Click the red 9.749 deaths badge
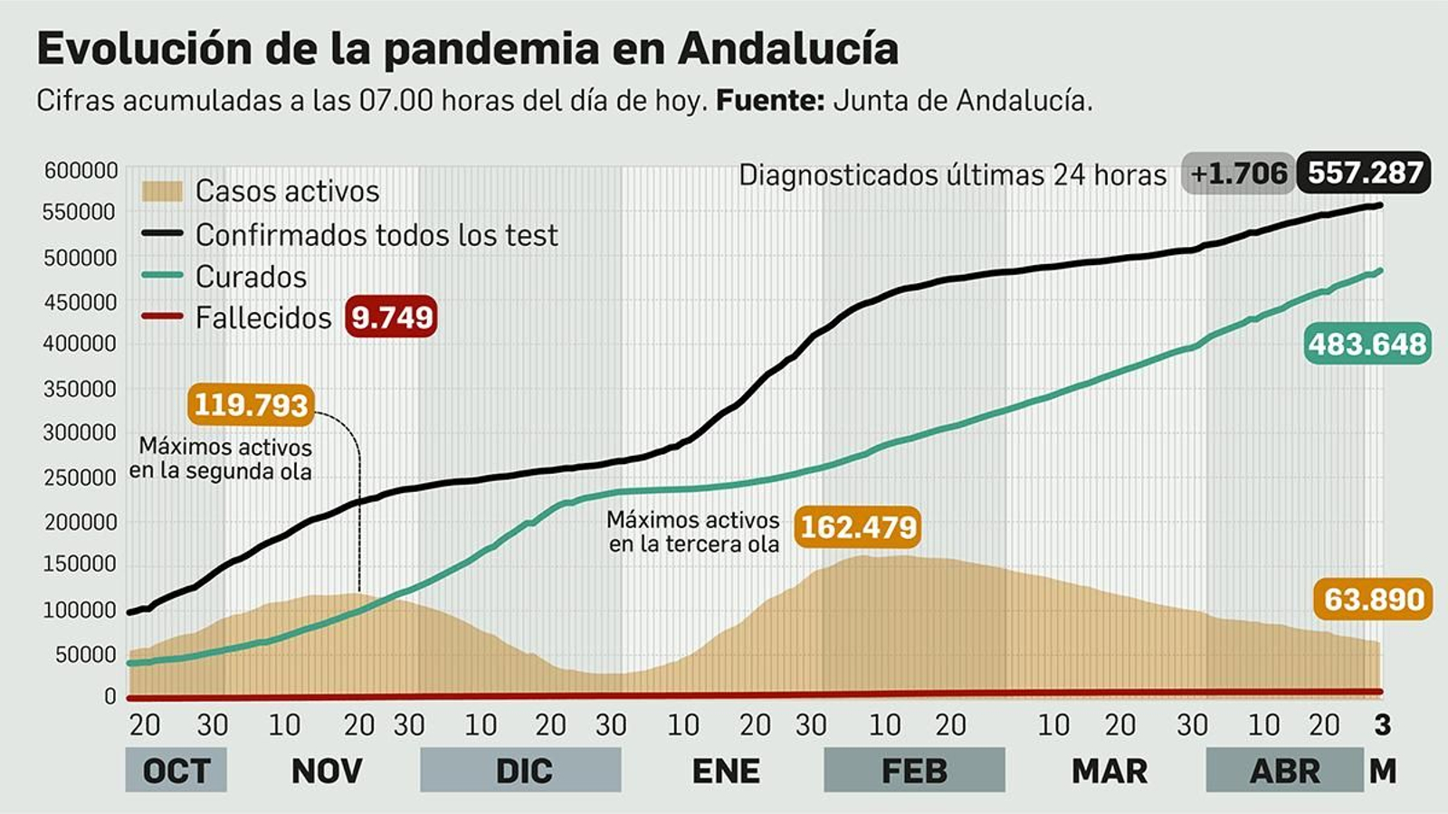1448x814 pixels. point(391,317)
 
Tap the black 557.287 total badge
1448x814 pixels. point(1364,173)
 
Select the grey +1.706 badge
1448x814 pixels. point(1237,174)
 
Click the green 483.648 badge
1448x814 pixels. point(1367,345)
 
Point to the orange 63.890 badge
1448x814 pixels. point(1373,600)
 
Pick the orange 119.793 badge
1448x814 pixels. point(251,404)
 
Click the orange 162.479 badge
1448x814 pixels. point(858,526)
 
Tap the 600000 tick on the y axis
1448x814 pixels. point(81,171)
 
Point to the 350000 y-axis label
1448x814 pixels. point(81,389)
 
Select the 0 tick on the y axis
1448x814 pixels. point(110,696)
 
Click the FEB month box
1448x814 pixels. point(914,771)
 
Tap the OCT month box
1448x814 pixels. point(176,771)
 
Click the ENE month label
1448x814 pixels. point(726,771)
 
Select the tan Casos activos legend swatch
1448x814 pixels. point(162,191)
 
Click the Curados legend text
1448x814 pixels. point(251,277)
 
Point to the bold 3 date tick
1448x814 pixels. point(1382,724)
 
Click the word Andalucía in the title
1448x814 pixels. point(788,49)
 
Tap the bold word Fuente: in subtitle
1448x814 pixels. point(770,100)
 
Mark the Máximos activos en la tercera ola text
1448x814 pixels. point(693,532)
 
